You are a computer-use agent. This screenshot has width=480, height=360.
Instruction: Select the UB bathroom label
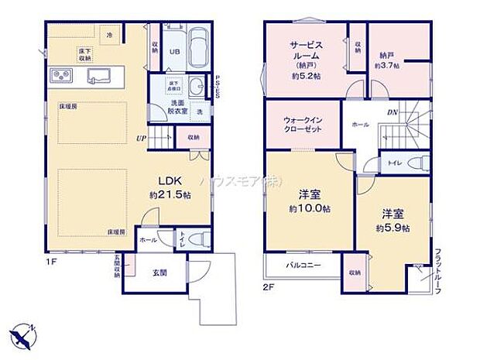point(175,52)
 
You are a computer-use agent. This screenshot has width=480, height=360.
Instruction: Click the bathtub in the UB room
point(199,47)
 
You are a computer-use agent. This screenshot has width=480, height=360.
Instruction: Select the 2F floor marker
point(269,286)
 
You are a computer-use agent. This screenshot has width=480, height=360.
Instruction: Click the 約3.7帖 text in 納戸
point(387,66)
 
